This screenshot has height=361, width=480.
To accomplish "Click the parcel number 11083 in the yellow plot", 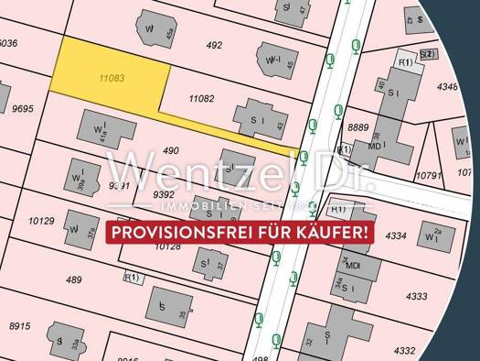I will coord(112,80).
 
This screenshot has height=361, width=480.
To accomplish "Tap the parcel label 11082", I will coord(200,97).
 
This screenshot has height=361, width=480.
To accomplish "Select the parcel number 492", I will coord(215,44).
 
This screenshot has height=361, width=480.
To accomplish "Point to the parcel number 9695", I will coord(23,108).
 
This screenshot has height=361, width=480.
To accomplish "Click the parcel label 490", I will coord(171,149).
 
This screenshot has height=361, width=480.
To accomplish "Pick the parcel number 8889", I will coord(358,127).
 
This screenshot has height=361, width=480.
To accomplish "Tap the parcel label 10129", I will coord(41,221).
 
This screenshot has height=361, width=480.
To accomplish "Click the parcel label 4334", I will coord(396,236).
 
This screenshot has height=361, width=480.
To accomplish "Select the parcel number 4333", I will coord(416,296).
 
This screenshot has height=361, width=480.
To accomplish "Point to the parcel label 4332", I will coord(403,350).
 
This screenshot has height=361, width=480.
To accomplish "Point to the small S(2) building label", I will coord(427,54).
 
